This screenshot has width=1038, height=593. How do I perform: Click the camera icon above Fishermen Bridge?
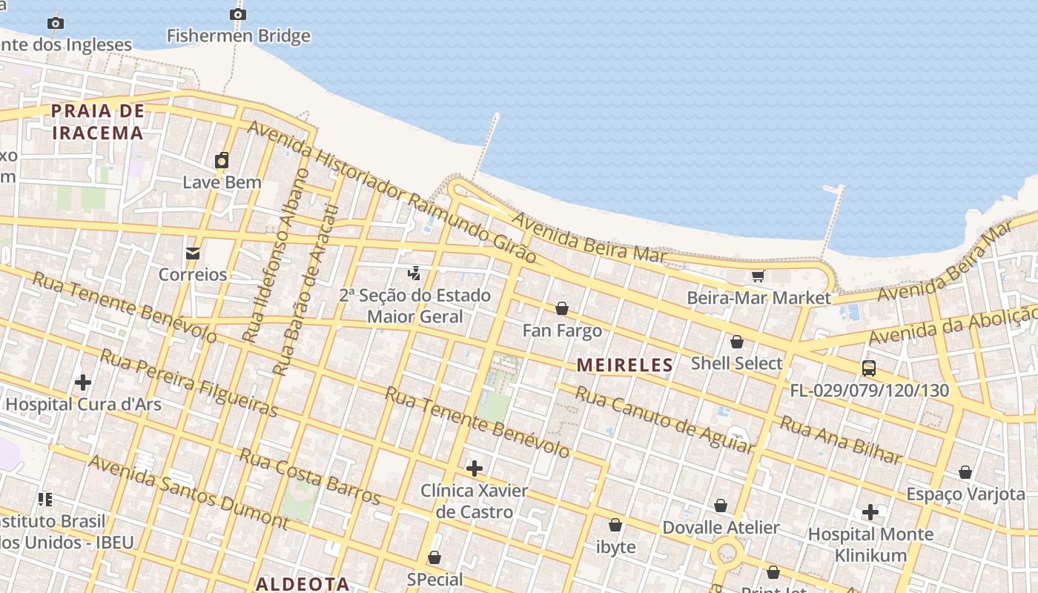pos(237,14)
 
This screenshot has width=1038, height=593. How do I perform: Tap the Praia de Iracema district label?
pos(96,122)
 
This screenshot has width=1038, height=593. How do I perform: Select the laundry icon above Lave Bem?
pos(222,160)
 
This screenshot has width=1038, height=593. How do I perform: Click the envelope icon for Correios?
pos(193,254)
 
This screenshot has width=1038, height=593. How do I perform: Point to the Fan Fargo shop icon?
pos(562,308)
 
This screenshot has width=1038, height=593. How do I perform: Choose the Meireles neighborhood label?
pos(624,365)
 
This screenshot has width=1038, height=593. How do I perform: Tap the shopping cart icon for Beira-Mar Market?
pos(758,276)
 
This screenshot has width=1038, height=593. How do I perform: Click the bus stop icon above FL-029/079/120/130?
pos(868,368)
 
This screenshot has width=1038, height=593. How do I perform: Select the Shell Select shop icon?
pos(736,342)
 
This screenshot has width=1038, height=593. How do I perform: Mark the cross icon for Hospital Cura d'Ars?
pos(83,382)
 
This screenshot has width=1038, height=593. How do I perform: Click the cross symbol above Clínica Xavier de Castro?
pos(475,468)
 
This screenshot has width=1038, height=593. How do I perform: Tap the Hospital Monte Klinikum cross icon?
pos(870,512)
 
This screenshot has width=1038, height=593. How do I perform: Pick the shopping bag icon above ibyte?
pos(615,525)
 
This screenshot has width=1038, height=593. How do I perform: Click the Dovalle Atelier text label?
pos(721,528)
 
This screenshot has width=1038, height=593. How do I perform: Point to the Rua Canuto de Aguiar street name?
pos(664,420)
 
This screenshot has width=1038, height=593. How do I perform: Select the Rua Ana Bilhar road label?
pos(841,440)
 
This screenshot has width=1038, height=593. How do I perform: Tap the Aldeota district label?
pos(303,583)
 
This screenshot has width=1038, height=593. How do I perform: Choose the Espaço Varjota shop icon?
pos(965,472)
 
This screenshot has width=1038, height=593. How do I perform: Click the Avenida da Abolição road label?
pos(953,325)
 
